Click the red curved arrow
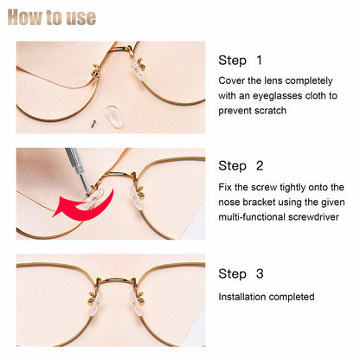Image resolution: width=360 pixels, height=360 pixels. pyautogui.click(x=82, y=206)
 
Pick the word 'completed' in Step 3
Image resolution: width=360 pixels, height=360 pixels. pyautogui.click(x=292, y=296)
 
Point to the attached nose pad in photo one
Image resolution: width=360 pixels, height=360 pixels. pyautogui.click(x=137, y=69)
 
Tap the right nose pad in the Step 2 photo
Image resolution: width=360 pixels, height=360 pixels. pyautogui.click(x=135, y=195)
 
